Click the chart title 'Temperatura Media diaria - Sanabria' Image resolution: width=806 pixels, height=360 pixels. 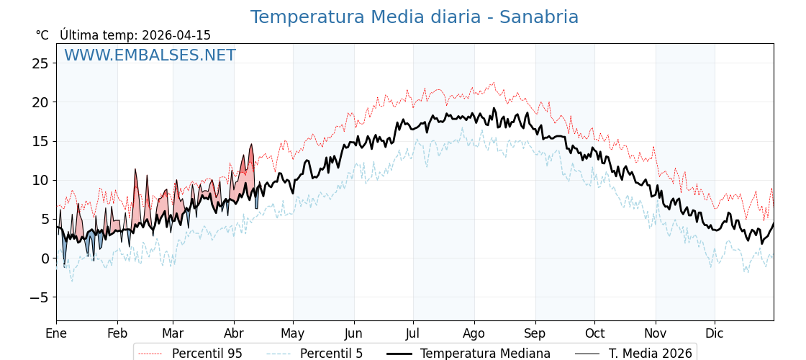click(414, 17)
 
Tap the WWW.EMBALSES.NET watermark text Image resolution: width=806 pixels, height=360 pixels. click(150, 55)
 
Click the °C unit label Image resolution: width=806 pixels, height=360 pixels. click(42, 35)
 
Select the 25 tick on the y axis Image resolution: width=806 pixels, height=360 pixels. click(40, 63)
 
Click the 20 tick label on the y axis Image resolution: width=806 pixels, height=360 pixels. click(40, 102)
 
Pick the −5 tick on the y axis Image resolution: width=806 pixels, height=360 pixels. click(37, 297)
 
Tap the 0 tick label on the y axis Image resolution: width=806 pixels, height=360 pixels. click(45, 258)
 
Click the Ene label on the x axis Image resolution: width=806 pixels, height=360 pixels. click(56, 333)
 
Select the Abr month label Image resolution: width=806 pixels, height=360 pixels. click(234, 333)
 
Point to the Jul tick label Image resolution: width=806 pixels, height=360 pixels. click(413, 333)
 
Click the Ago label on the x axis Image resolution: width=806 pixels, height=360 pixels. click(474, 333)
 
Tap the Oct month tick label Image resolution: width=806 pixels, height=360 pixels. click(594, 333)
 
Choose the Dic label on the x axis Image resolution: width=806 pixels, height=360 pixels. click(715, 333)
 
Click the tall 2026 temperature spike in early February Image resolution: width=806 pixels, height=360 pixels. click(135, 170)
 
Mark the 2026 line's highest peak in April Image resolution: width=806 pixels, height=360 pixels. click(251, 145)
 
